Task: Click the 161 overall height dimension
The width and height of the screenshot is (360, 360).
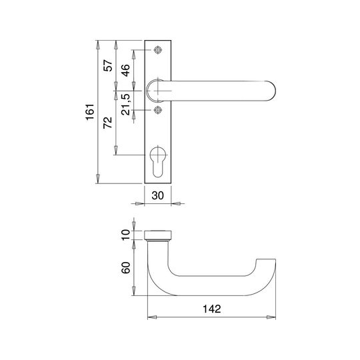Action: [x=90, y=112]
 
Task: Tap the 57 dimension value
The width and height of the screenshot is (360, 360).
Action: [x=108, y=65]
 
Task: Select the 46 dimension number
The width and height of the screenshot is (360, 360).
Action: [x=125, y=70]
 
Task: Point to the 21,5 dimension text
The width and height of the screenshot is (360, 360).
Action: [x=125, y=105]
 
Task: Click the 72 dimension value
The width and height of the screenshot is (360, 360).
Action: [x=108, y=123]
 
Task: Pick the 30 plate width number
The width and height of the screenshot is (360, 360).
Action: [x=158, y=195]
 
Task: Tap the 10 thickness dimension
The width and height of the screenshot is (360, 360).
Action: [x=125, y=235]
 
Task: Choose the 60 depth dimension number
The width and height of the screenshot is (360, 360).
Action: [x=125, y=267]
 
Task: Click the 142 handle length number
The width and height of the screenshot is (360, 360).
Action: [x=212, y=309]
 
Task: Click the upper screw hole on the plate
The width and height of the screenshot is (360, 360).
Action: [x=158, y=50]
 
